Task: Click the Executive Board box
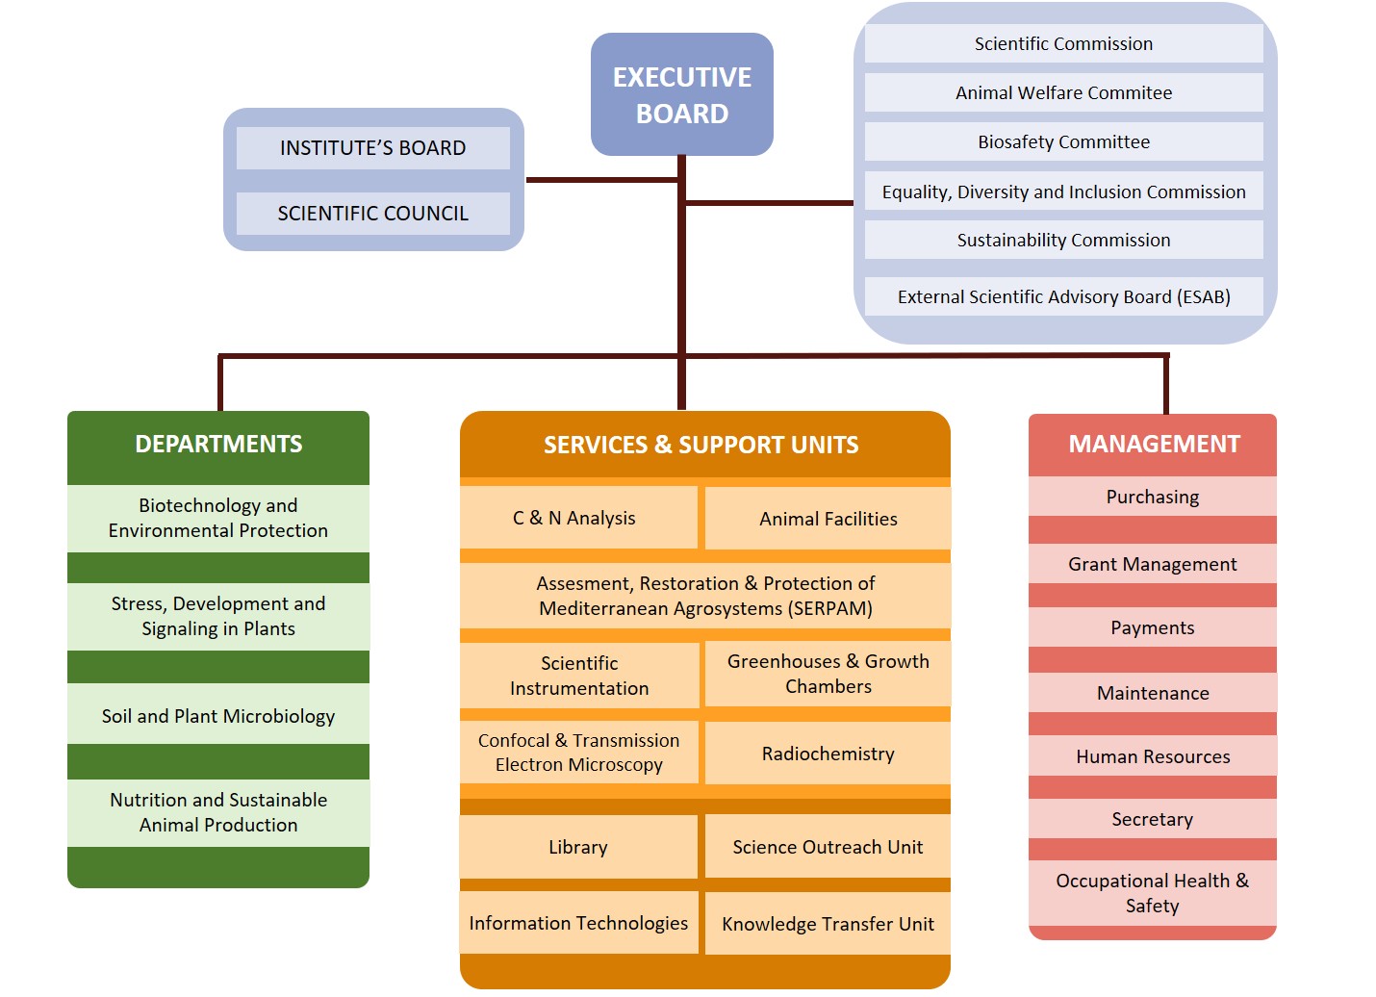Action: point(682,94)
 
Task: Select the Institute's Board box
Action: point(373,148)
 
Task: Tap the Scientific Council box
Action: point(373,213)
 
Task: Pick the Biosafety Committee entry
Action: point(1063,141)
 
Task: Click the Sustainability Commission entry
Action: point(1063,240)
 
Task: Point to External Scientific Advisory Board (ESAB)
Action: point(1063,296)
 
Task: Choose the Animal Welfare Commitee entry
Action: point(1063,92)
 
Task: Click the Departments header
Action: point(218,445)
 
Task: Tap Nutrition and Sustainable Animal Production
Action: point(218,812)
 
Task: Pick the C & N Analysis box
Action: point(578,518)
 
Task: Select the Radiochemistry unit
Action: point(828,754)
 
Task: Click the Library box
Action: point(578,847)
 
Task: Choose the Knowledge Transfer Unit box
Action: point(828,923)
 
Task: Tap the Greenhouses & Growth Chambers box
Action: point(828,674)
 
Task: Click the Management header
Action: point(1153,445)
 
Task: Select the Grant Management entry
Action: point(1153,563)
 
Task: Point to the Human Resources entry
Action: point(1153,755)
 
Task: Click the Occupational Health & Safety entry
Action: point(1153,893)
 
